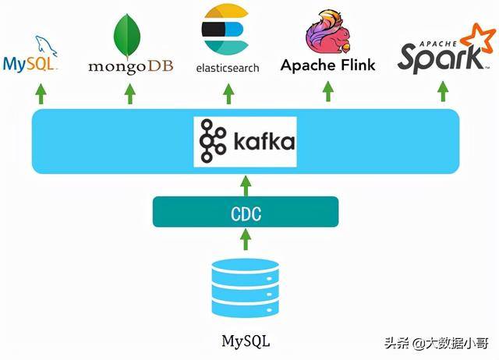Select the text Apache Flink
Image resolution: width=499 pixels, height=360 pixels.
[x=328, y=65]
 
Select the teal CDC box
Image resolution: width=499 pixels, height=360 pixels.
[x=246, y=211]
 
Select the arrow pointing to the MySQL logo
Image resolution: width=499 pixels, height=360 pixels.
[x=37, y=93]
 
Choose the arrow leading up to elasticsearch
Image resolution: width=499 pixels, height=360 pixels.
[x=228, y=93]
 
